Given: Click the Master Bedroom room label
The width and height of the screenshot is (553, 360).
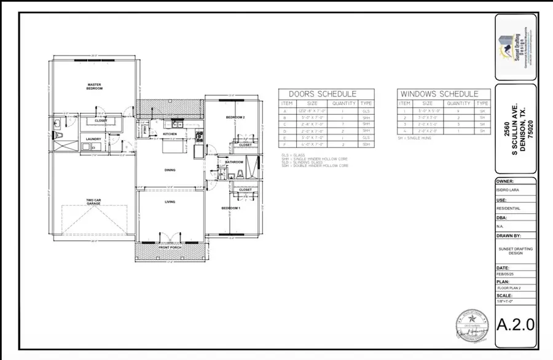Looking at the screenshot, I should coord(94,87).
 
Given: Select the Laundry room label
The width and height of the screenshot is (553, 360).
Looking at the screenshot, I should coord(94,139).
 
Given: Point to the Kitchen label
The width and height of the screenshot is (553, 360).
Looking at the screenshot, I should coord(170,134).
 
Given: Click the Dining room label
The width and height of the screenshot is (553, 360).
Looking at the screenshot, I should coord(170,170).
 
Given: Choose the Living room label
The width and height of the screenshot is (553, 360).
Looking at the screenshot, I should coord(170,202).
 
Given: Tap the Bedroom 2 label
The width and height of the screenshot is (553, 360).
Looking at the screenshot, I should coord(235,117).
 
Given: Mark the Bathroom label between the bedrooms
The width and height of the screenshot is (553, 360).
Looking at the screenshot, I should coord(235,162).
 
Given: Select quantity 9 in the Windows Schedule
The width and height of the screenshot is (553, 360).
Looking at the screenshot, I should coord(457,111).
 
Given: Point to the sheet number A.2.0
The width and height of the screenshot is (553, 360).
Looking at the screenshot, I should coord(516,323).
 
